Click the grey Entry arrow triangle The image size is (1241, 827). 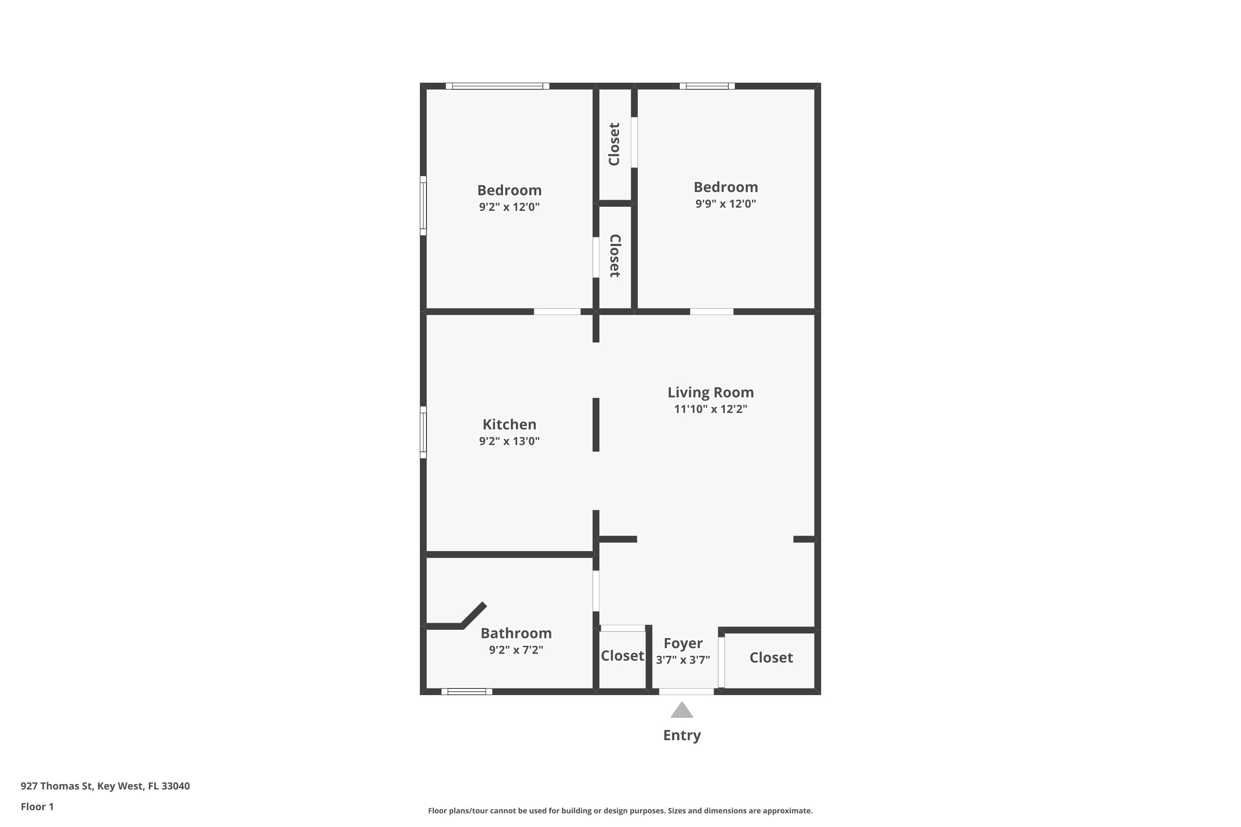(682, 710)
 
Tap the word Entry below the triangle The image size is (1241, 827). (682, 735)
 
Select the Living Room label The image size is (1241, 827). (710, 392)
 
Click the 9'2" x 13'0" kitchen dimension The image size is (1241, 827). (509, 441)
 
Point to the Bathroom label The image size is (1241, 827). (515, 633)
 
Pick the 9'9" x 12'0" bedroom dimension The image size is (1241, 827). (726, 203)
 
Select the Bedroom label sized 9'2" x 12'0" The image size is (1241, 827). (509, 190)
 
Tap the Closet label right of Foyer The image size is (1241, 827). (771, 658)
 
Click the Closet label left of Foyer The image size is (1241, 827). (622, 655)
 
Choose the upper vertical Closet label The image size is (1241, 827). (614, 144)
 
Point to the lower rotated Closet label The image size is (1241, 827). (615, 256)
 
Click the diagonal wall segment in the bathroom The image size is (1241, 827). (474, 614)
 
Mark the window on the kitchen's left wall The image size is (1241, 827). (423, 432)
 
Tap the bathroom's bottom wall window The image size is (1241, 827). (467, 691)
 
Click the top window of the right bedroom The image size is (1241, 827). (707, 86)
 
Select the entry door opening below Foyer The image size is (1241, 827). (686, 691)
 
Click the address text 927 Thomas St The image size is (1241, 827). (105, 786)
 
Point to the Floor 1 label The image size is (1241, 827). (37, 806)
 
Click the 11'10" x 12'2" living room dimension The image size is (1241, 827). (710, 409)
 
